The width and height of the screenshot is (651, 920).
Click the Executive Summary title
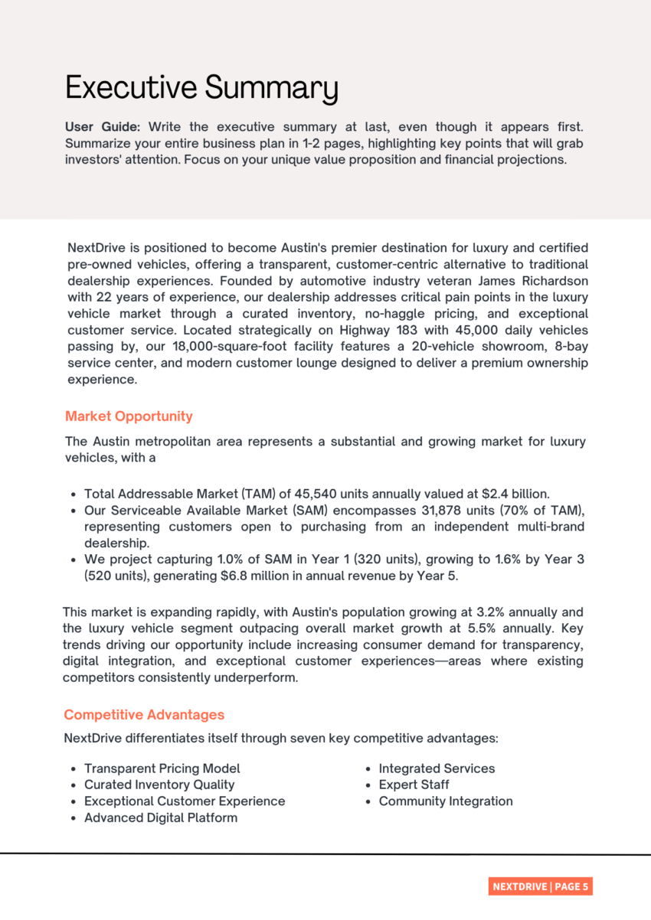tap(201, 88)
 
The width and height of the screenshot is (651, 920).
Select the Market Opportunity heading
tap(129, 416)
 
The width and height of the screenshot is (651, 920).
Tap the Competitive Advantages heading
tap(144, 715)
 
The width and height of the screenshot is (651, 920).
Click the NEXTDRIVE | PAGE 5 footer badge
tap(540, 886)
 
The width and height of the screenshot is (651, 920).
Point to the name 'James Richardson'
tap(538, 281)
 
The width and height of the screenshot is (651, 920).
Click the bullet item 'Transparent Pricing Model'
tap(162, 768)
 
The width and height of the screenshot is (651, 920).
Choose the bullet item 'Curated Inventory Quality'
tap(159, 785)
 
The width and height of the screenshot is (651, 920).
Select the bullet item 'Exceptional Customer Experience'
tap(185, 801)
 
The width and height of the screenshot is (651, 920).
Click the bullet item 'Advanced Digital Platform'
tap(161, 817)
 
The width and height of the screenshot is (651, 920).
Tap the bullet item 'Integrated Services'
tap(437, 768)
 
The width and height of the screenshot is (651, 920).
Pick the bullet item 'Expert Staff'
tap(414, 785)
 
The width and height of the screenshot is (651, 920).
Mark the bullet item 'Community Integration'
tap(446, 801)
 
